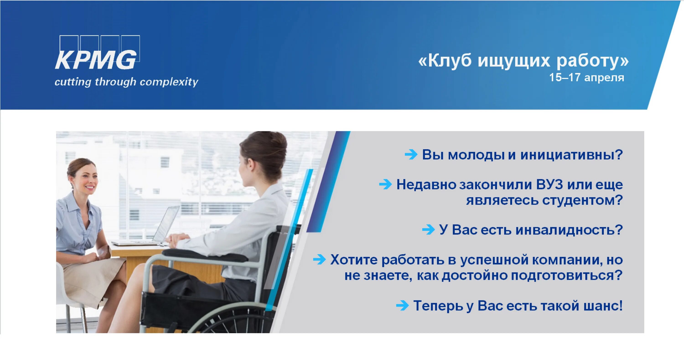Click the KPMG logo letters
point(96,60)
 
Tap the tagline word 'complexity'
point(169,82)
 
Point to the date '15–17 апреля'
point(586,78)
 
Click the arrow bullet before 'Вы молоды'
point(411,154)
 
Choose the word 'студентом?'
point(582,200)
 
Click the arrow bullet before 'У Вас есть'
point(428,229)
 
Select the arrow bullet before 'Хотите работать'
point(319,259)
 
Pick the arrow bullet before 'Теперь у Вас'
point(402,305)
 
